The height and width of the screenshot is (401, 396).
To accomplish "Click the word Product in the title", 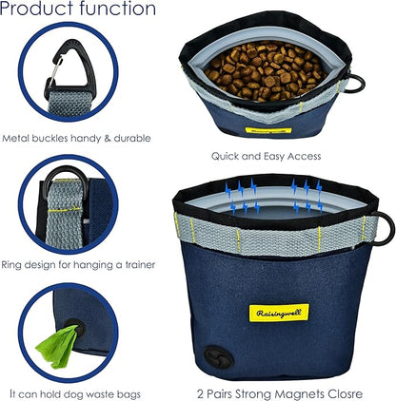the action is (x=38, y=8).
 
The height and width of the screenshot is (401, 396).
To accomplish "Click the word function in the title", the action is (x=118, y=8).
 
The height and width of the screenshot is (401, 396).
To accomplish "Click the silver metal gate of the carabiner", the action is (x=54, y=70).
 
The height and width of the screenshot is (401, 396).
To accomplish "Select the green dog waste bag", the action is (x=58, y=346).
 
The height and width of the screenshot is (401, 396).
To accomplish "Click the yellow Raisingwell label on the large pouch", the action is (x=279, y=313).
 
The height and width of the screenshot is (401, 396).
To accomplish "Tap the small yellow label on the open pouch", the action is (x=268, y=130).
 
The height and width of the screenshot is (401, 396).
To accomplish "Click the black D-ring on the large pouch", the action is (x=384, y=229).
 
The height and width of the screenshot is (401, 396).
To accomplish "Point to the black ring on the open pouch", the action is (x=355, y=84).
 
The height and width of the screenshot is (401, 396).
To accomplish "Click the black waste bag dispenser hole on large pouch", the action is (x=219, y=357).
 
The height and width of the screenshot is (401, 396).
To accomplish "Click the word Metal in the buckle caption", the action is (x=15, y=138).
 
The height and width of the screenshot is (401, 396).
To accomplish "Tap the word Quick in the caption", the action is (x=225, y=156).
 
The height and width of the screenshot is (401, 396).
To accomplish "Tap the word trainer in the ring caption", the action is (x=140, y=264).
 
